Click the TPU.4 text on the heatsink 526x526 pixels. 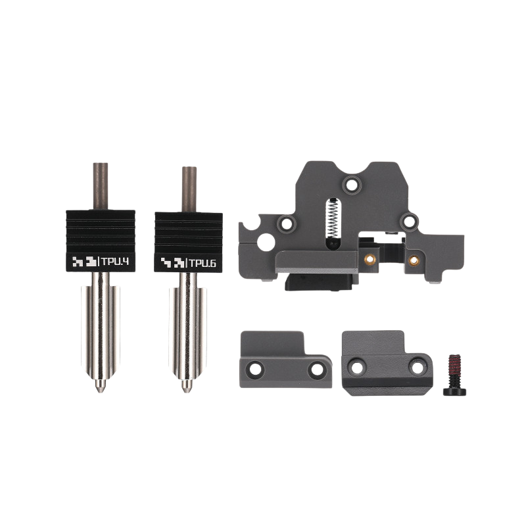click(x=115, y=261)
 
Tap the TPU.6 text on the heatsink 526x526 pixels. click(x=203, y=263)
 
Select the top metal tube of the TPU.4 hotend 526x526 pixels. click(x=101, y=186)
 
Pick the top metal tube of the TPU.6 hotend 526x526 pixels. click(x=189, y=189)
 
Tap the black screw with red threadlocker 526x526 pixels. click(x=454, y=375)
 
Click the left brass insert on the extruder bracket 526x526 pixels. click(x=370, y=258)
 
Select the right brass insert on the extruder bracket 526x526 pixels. click(x=414, y=260)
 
